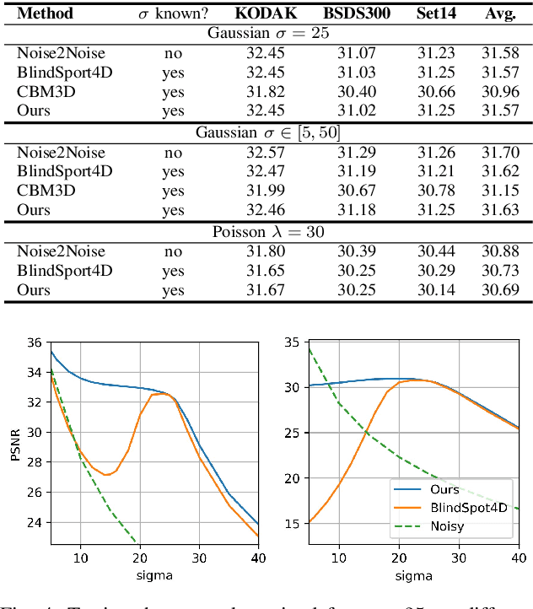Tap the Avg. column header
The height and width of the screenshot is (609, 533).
point(501,13)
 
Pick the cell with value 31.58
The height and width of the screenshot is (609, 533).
point(501,52)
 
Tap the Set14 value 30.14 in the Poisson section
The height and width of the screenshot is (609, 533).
point(435,290)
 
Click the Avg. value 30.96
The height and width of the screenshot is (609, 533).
point(501,91)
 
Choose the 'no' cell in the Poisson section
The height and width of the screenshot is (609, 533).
point(173,251)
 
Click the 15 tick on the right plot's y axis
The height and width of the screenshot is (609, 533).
point(292,524)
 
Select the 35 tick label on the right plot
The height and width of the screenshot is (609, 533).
point(292,342)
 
